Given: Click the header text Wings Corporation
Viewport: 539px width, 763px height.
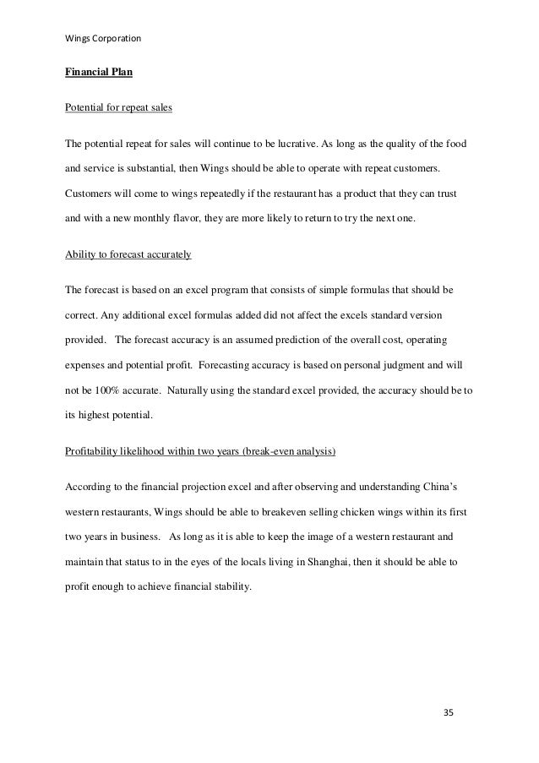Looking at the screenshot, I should point(103,39).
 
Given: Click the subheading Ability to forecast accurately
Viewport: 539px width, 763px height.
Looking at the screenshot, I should point(129,254).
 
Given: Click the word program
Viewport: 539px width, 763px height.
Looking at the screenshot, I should point(251,291).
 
